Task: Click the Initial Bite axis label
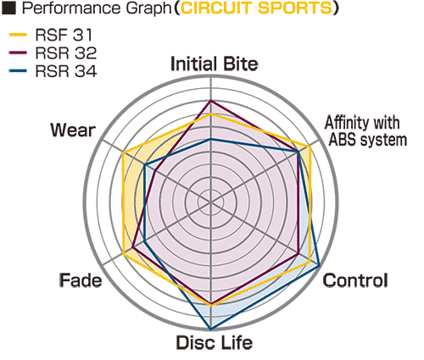(215, 64)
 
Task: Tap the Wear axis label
(73, 130)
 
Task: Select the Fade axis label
(81, 280)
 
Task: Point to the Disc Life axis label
(215, 342)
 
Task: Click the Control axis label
(355, 280)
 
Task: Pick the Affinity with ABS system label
(365, 131)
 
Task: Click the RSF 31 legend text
(64, 35)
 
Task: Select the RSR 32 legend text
(66, 53)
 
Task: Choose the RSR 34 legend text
(66, 70)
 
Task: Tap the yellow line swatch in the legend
(18, 35)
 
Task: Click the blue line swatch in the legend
(18, 70)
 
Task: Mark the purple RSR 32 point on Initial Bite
(210, 101)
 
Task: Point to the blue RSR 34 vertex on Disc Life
(210, 330)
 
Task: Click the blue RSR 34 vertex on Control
(319, 266)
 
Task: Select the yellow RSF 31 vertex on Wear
(123, 152)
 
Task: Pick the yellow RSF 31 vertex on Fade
(124, 254)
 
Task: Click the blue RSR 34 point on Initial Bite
(210, 139)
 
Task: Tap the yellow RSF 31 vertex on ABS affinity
(310, 147)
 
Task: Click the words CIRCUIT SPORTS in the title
(256, 8)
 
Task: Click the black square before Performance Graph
(8, 8)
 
